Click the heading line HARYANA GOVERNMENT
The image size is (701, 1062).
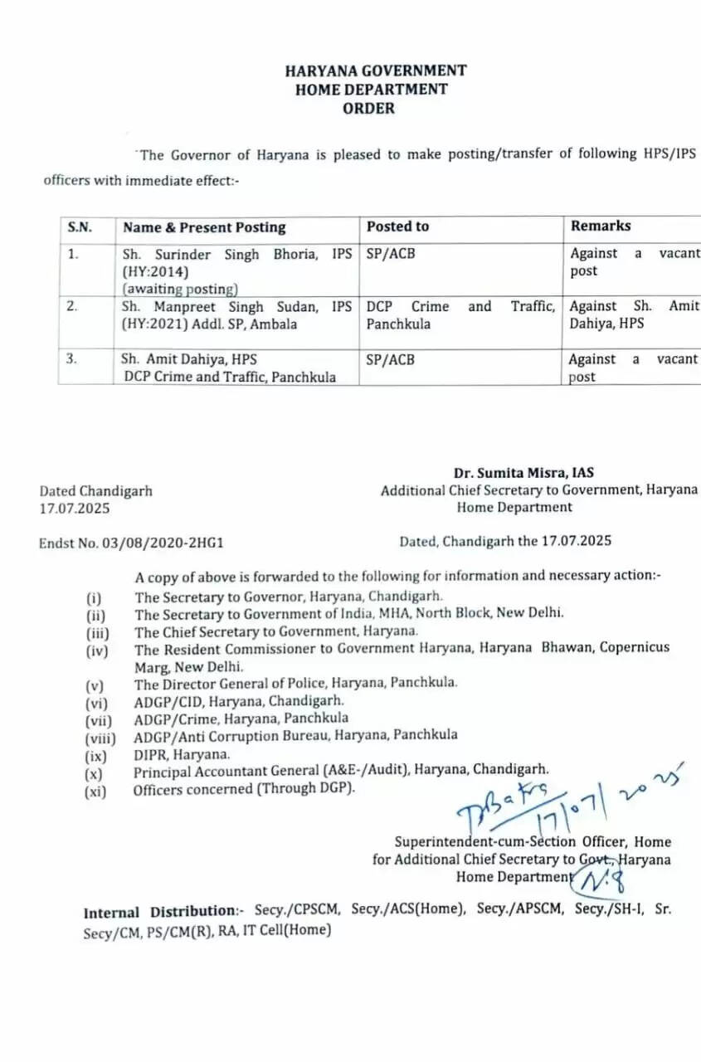pos(375,71)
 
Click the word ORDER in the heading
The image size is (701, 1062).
pos(369,109)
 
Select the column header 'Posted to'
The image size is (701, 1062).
pos(398,227)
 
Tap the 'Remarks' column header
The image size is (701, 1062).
pos(601,226)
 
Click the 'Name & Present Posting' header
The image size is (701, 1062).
pos(204,227)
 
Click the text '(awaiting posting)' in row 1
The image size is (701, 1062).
pos(180,290)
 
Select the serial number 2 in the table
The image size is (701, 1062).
pos(73,306)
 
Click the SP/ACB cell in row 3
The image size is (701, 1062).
pos(391,360)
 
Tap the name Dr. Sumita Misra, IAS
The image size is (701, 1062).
pos(523,474)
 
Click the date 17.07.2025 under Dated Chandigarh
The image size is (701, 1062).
pos(74,509)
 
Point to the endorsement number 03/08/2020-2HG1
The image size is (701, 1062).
pos(163,543)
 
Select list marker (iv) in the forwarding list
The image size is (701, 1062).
pos(97,651)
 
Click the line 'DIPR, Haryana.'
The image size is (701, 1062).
pos(182,755)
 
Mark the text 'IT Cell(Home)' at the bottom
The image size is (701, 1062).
pos(289,930)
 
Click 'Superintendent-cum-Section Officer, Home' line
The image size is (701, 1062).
pos(533,842)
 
